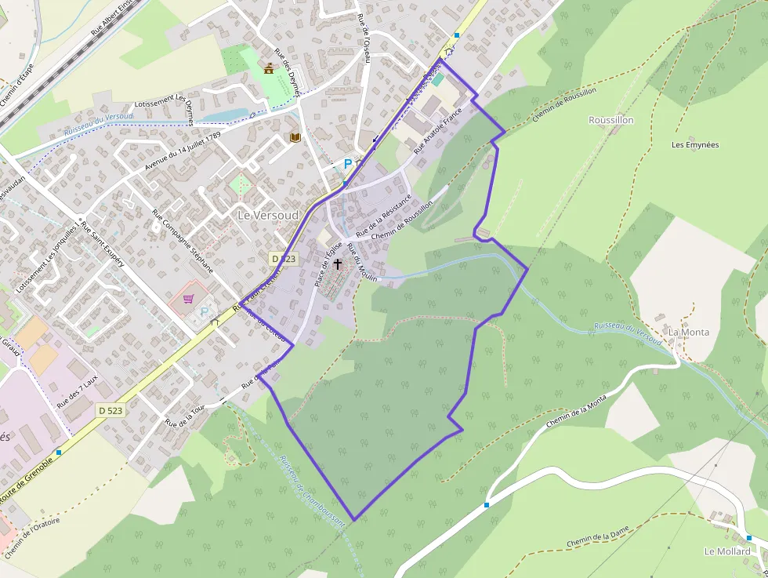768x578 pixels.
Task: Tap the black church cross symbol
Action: coord(338,264)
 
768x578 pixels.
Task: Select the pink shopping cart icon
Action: coord(189,298)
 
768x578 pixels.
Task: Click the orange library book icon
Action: coord(295,138)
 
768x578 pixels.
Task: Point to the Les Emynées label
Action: coord(695,145)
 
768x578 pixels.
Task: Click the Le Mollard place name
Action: coord(727,551)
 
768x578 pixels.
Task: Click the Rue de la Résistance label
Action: coord(384,216)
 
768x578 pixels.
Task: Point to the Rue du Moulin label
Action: coord(362,263)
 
